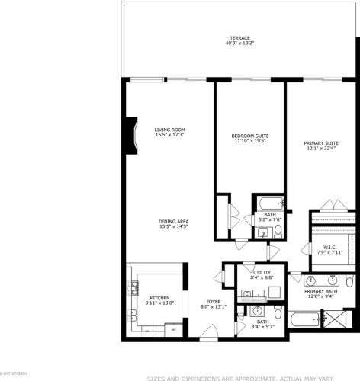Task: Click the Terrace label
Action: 239,38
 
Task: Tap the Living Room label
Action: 169,130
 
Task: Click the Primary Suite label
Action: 321,142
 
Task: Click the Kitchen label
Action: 159,298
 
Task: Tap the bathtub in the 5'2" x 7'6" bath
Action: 271,203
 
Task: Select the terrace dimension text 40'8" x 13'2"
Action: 239,43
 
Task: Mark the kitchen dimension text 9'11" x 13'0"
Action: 159,303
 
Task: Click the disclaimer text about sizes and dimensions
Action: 240,377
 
